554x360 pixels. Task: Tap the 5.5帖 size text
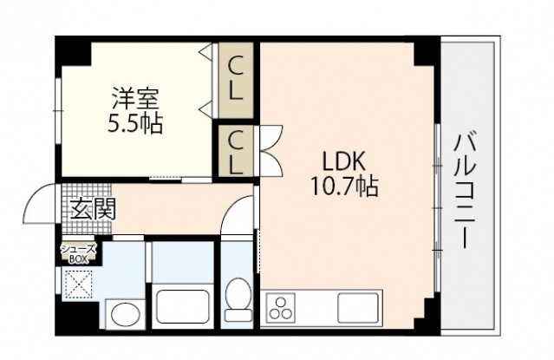click(134, 121)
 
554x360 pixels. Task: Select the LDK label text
click(346, 162)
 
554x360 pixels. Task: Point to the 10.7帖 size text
click(346, 186)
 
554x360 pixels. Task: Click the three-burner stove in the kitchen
click(283, 308)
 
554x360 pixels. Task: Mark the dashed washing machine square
click(80, 283)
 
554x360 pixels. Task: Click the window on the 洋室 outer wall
click(57, 105)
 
